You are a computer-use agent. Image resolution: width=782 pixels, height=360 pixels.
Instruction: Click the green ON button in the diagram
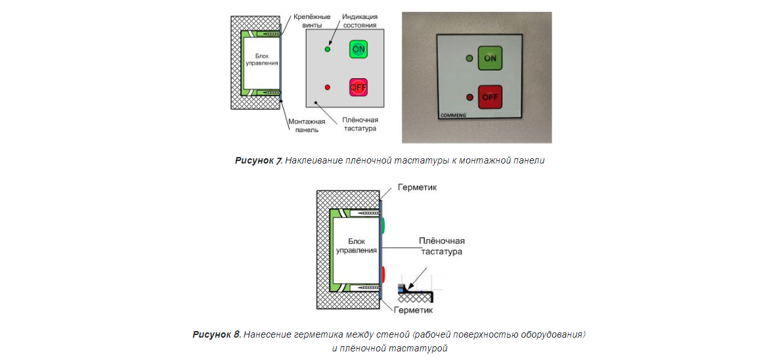[x=358, y=49]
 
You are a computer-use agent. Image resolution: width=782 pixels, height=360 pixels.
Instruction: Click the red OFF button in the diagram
[x=358, y=87]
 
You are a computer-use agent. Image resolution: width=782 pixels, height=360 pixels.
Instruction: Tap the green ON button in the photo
[x=490, y=58]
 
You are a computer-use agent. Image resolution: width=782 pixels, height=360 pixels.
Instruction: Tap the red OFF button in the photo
[x=490, y=97]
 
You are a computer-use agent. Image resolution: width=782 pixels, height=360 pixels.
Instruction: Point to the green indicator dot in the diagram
[x=328, y=49]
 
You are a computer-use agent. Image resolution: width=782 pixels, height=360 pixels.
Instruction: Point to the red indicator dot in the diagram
[x=328, y=87]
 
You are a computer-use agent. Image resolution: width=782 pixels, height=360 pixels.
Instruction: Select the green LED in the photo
[x=469, y=58]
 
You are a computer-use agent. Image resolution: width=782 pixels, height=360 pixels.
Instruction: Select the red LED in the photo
[x=469, y=97]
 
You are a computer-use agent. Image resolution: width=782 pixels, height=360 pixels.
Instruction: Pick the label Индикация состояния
[x=358, y=20]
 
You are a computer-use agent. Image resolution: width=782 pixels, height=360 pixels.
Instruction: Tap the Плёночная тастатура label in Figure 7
[x=359, y=124]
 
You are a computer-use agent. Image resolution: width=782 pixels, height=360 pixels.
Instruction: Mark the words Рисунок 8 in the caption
[x=216, y=335]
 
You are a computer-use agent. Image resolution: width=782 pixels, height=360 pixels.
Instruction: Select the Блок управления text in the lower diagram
[x=356, y=246]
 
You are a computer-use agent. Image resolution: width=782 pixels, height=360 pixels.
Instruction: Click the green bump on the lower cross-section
[x=383, y=225]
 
